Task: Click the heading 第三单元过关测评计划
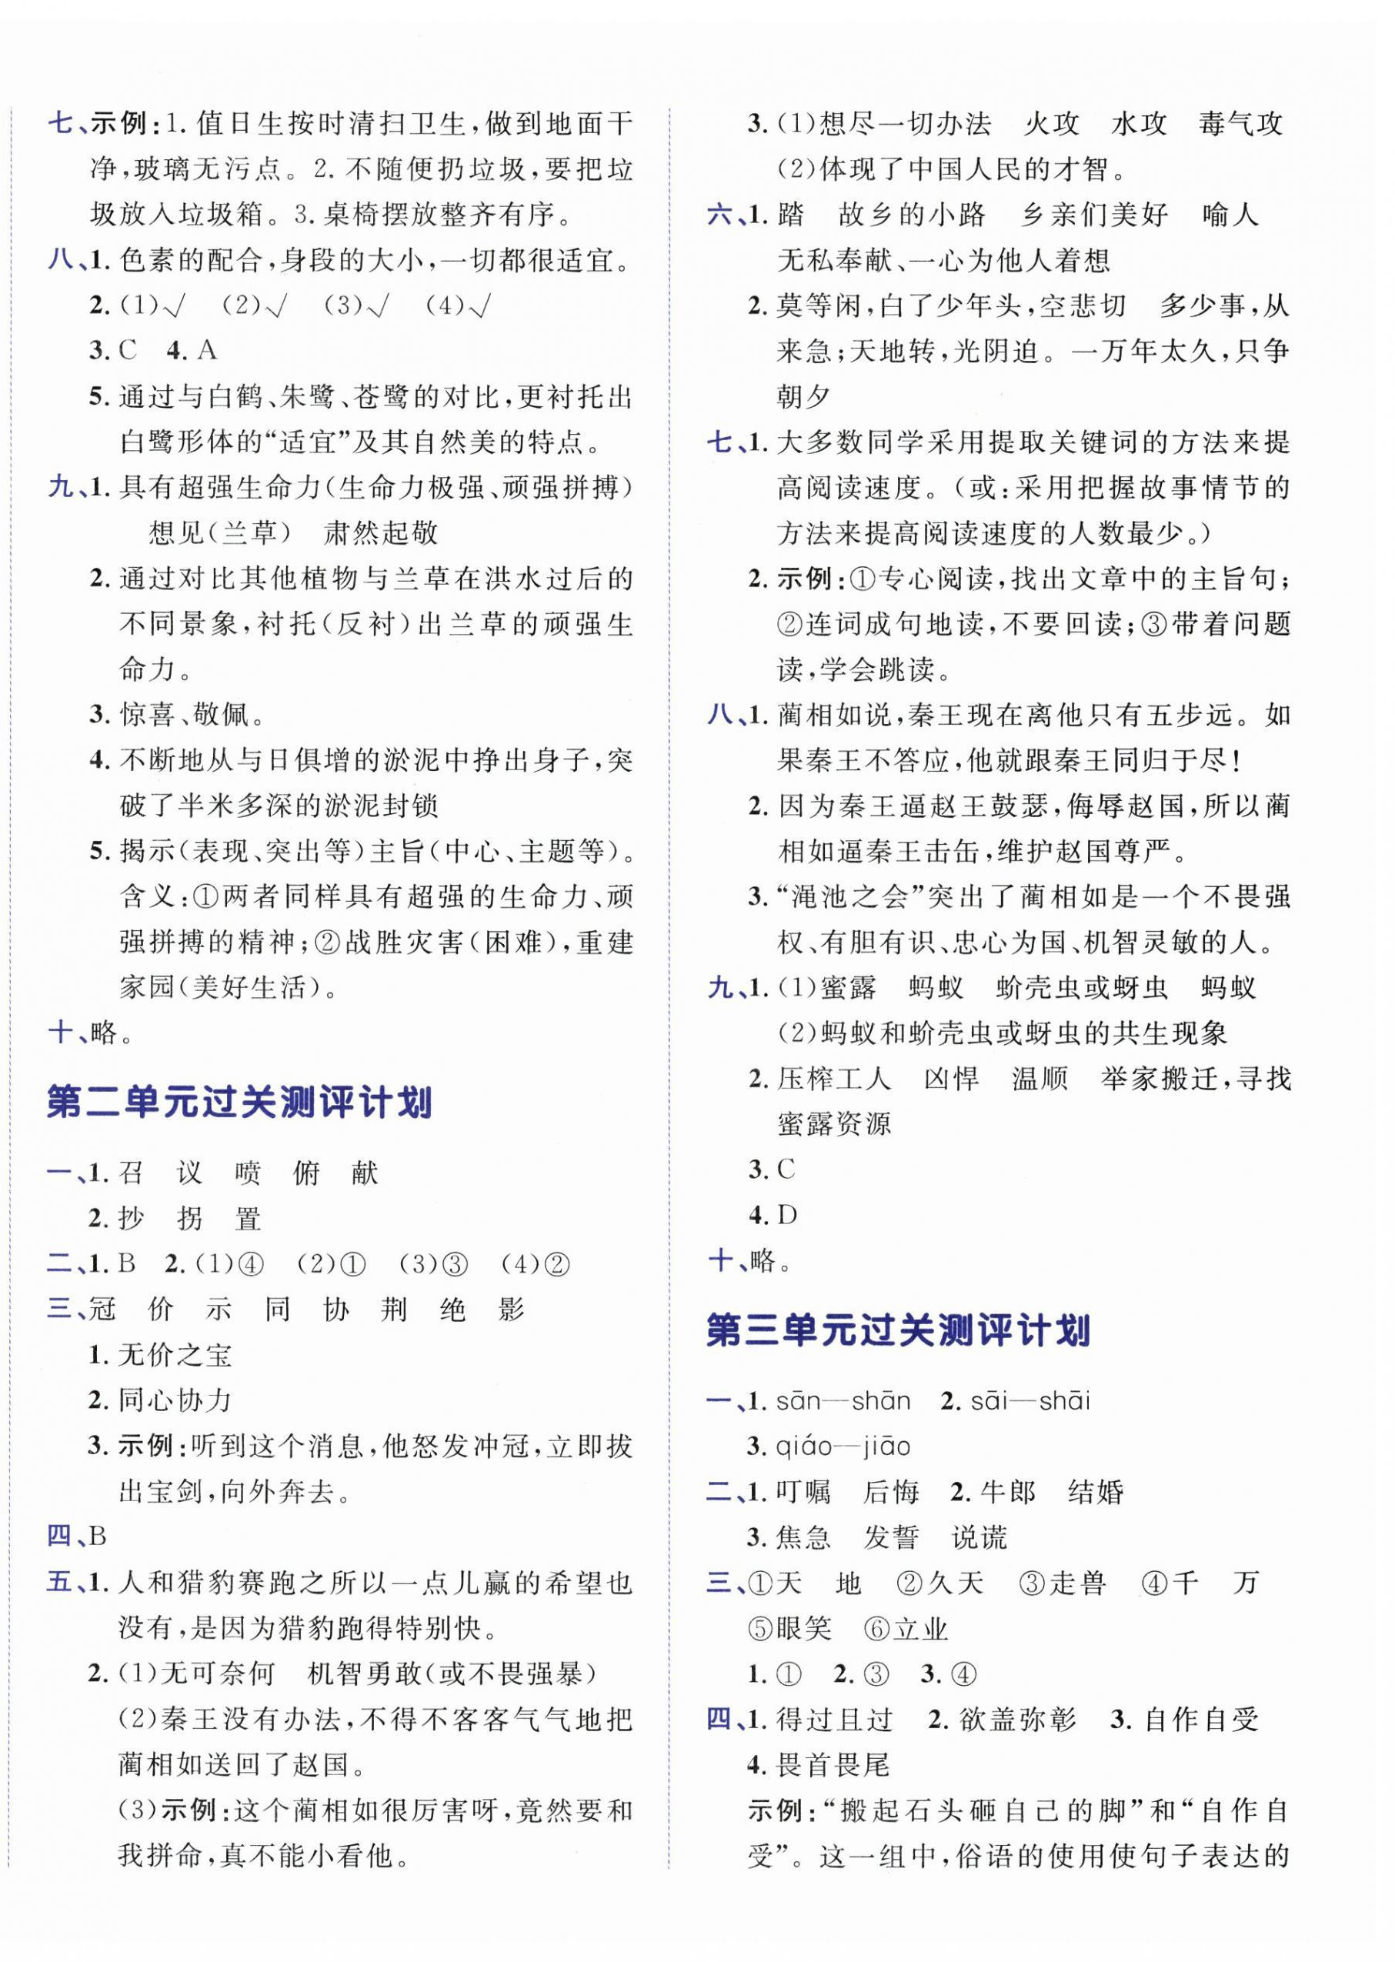tap(898, 1330)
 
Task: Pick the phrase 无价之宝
tap(175, 1355)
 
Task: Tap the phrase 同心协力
tap(175, 1400)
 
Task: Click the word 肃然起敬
tap(381, 532)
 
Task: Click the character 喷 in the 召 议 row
tap(249, 1173)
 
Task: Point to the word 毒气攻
tap(1241, 125)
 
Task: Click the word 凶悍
tap(951, 1078)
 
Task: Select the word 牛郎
tap(1008, 1492)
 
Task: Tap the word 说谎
tap(980, 1537)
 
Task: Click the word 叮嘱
tap(803, 1492)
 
